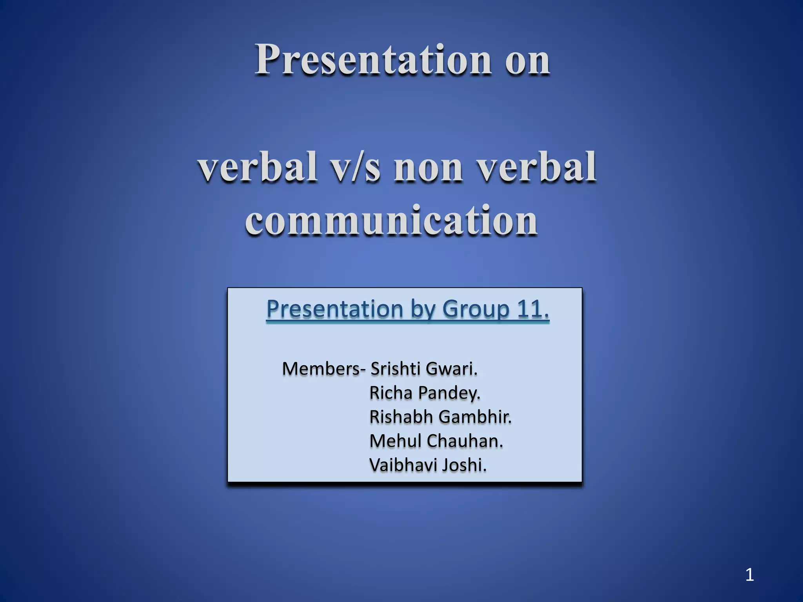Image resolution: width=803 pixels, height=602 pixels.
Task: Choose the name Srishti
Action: [x=396, y=369]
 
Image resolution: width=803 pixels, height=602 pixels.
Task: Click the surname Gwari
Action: [x=451, y=369]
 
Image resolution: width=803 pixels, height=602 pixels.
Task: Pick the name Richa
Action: [x=392, y=393]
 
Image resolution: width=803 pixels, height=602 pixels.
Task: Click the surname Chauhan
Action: [x=464, y=441]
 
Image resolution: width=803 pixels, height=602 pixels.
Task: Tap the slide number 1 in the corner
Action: [x=749, y=575]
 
